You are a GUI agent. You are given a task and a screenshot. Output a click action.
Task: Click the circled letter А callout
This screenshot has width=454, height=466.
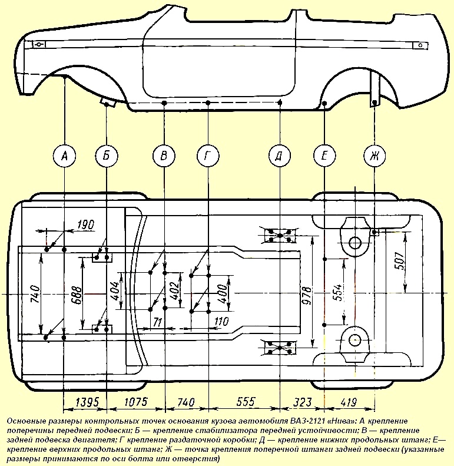tap(64, 156)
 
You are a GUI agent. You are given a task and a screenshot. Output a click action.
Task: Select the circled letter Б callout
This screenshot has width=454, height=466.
tap(107, 156)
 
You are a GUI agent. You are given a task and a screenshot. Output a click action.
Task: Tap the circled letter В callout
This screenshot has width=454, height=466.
tap(164, 156)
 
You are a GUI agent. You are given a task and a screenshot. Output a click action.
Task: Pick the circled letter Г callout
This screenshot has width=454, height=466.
tap(208, 156)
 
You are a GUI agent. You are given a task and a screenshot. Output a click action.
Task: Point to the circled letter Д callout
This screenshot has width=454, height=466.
tap(280, 156)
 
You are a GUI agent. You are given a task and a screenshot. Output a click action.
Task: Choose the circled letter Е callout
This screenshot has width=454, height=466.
tap(324, 156)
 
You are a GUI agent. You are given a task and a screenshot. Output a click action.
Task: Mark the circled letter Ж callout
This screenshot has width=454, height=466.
tap(374, 156)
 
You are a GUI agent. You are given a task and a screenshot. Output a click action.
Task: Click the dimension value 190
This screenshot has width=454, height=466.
tap(85, 224)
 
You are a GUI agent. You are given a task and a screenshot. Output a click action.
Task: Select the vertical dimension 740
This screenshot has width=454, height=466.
tap(34, 292)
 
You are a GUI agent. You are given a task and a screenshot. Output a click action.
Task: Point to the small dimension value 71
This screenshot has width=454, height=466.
tap(157, 322)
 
